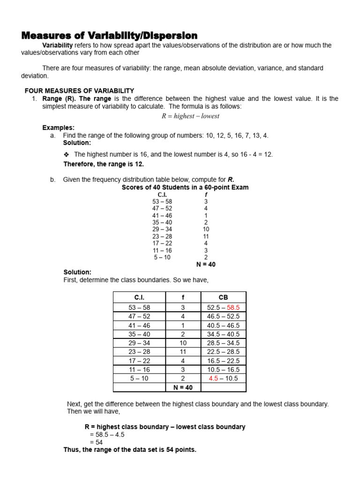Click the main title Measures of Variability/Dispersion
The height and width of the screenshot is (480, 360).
[109, 36]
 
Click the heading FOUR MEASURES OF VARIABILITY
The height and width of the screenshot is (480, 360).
[79, 90]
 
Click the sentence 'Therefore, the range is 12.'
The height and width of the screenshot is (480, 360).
[104, 164]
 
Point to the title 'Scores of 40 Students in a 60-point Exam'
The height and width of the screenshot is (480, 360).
[185, 187]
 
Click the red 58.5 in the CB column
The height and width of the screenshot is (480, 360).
[233, 307]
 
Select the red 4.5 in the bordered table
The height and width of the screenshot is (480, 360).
[213, 379]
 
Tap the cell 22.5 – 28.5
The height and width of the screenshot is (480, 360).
[223, 352]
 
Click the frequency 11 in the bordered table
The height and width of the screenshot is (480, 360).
[183, 352]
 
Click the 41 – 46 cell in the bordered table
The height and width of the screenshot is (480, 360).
[139, 325]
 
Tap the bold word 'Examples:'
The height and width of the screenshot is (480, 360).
[58, 127]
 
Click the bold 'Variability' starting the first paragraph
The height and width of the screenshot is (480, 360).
[57, 45]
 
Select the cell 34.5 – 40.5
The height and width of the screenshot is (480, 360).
[223, 334]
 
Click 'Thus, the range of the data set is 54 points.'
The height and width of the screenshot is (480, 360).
[130, 450]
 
